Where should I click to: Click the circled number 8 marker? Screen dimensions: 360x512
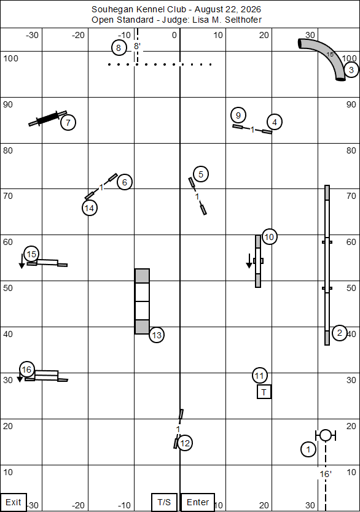click(119, 48)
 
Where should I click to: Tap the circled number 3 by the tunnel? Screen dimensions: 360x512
click(351, 69)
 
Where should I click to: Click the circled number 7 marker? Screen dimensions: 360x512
click(68, 122)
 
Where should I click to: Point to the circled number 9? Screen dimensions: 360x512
click(238, 115)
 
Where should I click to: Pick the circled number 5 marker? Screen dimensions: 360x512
click(201, 174)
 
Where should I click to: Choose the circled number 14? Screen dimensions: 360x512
click(89, 208)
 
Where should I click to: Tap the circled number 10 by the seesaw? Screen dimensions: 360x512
click(269, 237)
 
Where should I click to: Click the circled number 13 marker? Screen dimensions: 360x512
click(157, 335)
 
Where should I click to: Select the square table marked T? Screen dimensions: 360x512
click(264, 392)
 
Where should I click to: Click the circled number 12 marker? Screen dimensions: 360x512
click(185, 443)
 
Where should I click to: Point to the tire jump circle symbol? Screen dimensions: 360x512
click(326, 435)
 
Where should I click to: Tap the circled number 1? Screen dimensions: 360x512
click(308, 449)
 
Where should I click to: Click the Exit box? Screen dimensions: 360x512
click(14, 502)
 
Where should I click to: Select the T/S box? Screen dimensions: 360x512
click(164, 502)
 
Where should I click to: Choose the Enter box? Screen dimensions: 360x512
click(198, 502)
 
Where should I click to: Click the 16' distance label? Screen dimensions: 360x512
click(326, 474)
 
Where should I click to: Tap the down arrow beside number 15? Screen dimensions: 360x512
click(22, 261)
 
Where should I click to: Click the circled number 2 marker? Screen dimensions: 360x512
click(339, 333)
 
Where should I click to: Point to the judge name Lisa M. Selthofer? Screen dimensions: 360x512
click(227, 20)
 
